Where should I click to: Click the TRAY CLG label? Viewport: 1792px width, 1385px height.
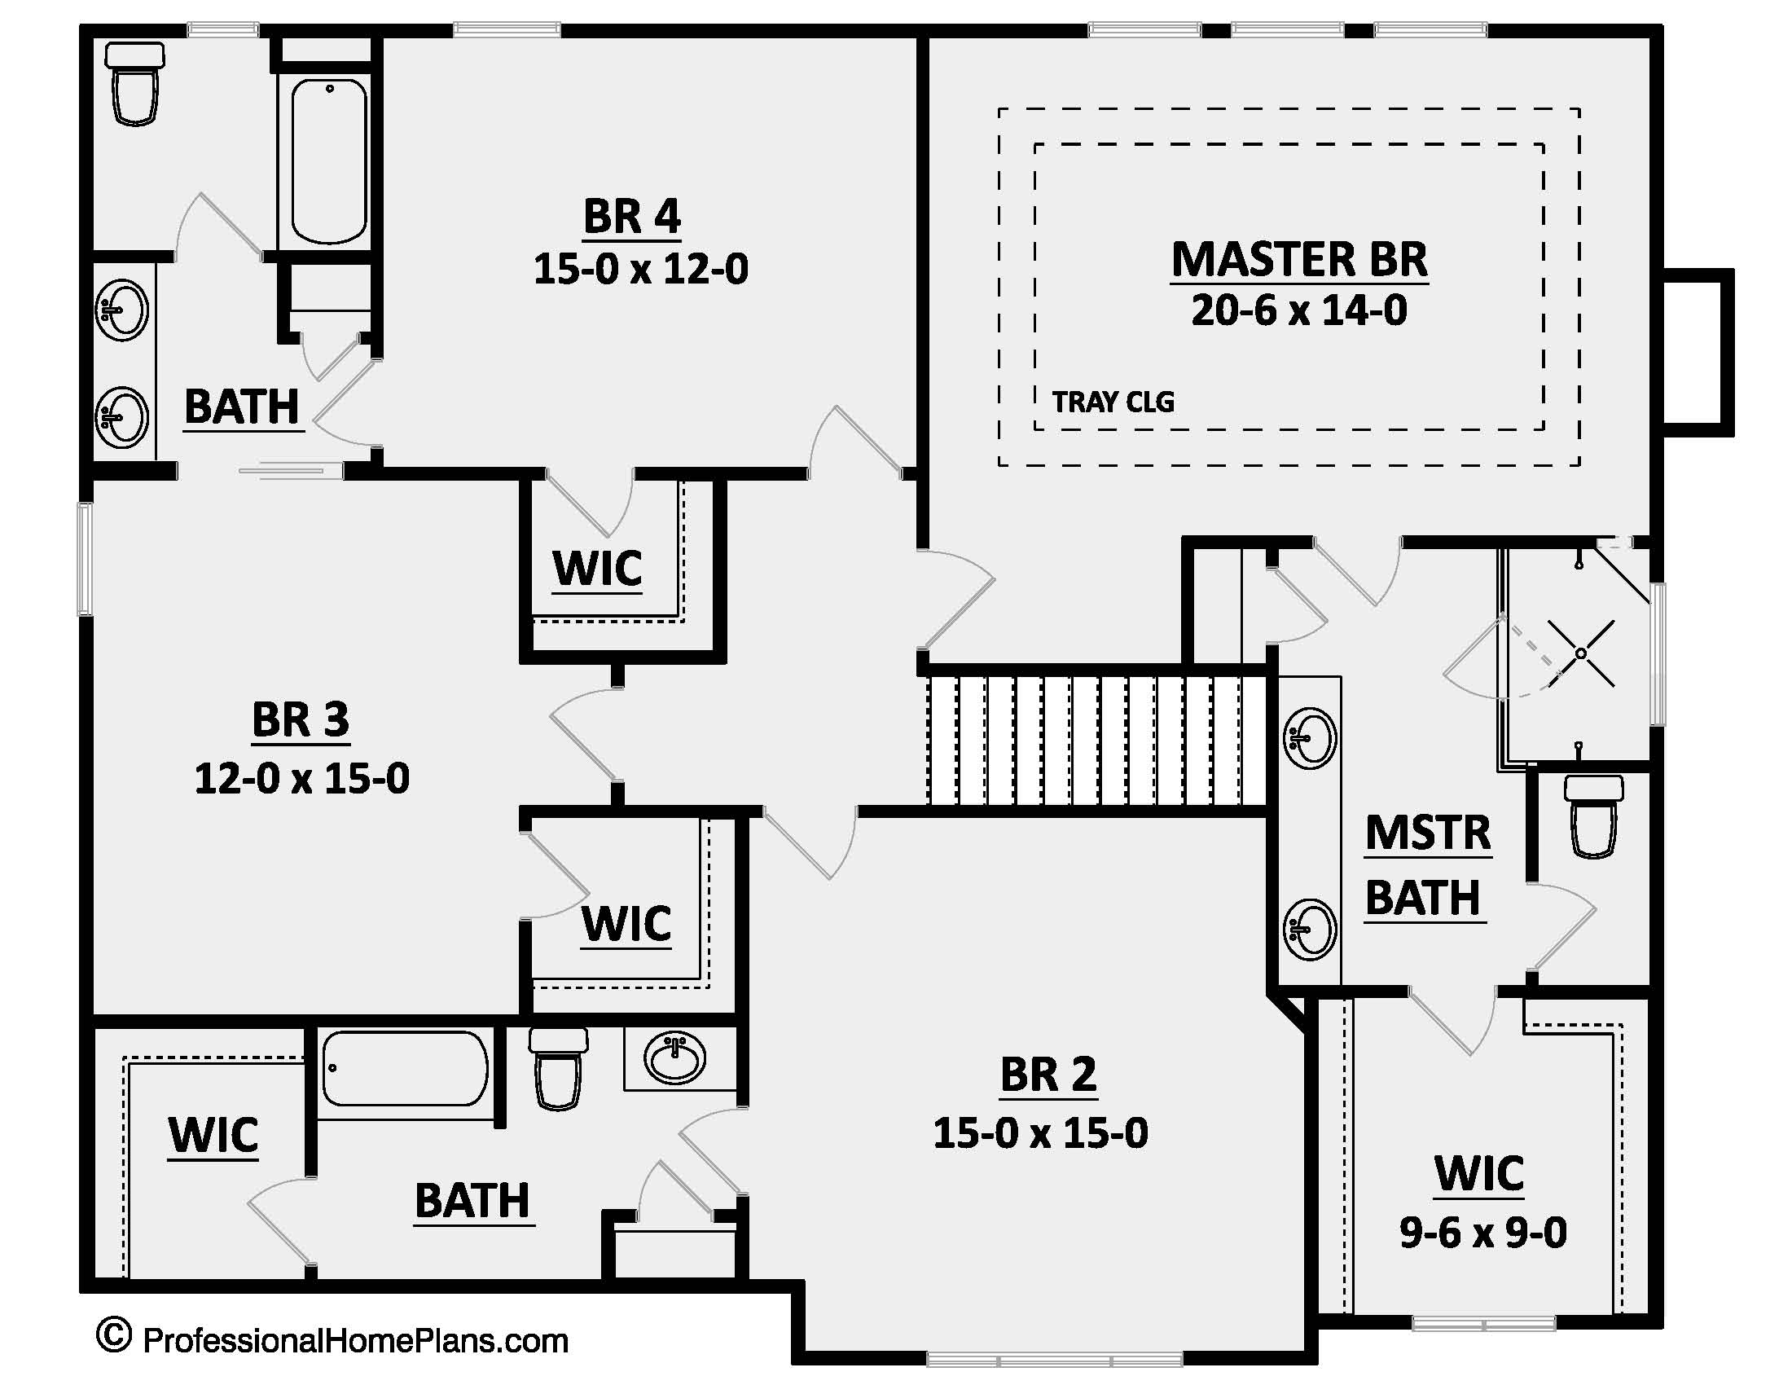click(1113, 402)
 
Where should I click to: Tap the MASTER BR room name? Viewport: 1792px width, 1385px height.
click(1299, 259)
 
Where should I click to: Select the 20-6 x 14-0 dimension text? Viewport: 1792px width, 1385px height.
click(1299, 311)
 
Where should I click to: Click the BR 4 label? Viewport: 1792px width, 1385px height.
click(632, 217)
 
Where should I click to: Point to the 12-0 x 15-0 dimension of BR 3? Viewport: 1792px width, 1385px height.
click(302, 778)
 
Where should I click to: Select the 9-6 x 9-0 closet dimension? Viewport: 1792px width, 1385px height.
click(1482, 1233)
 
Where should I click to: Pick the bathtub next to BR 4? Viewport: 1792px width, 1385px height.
click(329, 160)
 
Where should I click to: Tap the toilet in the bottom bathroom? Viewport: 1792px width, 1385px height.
click(558, 1068)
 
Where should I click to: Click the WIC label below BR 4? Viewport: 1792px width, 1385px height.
click(596, 569)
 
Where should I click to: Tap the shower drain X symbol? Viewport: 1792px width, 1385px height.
click(1580, 654)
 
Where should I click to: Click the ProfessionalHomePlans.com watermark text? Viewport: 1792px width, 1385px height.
click(355, 1341)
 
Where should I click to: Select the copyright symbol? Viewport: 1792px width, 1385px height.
click(113, 1336)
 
